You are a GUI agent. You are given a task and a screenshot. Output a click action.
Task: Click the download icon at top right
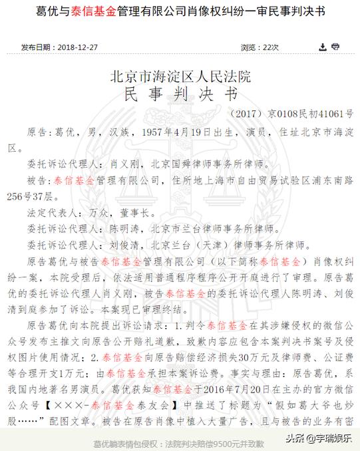point(323,47)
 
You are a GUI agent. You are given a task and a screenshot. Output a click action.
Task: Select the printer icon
point(335,47)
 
